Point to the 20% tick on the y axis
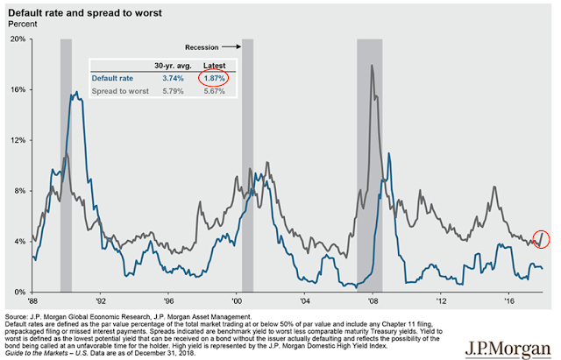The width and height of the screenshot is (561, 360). (18, 39)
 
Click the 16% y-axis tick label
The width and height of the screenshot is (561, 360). (18, 90)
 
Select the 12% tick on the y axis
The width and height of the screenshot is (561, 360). (18, 140)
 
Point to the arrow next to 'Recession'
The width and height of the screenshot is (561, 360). (232, 46)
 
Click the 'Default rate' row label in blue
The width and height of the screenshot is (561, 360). (112, 78)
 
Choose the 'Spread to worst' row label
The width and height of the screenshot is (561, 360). (119, 91)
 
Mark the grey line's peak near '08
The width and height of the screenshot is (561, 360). (373, 66)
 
